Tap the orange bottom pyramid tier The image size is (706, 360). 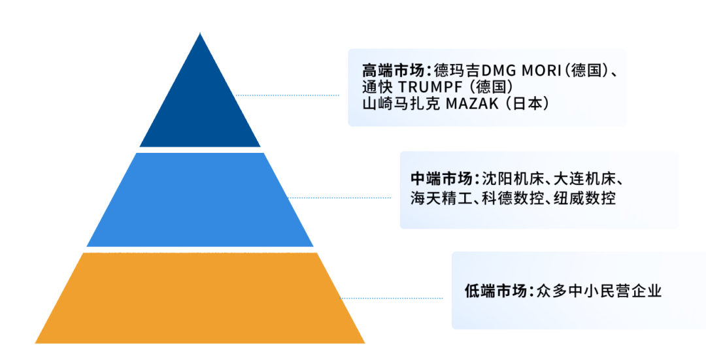pos(200,297)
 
